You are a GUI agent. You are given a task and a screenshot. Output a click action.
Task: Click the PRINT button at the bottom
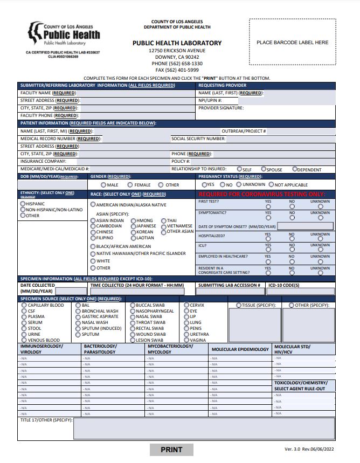(171, 450)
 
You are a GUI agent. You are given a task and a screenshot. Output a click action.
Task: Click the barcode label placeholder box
(292, 42)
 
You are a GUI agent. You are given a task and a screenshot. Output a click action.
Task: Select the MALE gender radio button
(103, 185)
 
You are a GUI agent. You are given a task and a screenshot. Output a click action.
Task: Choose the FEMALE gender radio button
(131, 185)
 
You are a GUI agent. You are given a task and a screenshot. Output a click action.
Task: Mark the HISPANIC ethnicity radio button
(23, 204)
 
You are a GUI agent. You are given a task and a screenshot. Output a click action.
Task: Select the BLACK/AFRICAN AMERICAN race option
(93, 246)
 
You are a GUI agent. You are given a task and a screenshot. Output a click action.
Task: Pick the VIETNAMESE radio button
(164, 226)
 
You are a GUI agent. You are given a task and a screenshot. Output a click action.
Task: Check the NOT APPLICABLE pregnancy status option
(271, 184)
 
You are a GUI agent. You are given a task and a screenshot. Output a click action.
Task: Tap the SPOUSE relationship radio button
(264, 169)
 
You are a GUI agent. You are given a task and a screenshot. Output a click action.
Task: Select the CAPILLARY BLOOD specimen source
(24, 305)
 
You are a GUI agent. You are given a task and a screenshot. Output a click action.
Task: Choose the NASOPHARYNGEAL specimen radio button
(133, 311)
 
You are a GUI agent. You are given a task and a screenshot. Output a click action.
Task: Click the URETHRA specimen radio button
(186, 334)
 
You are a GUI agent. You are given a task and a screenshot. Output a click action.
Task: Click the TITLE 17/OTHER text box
(204, 429)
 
